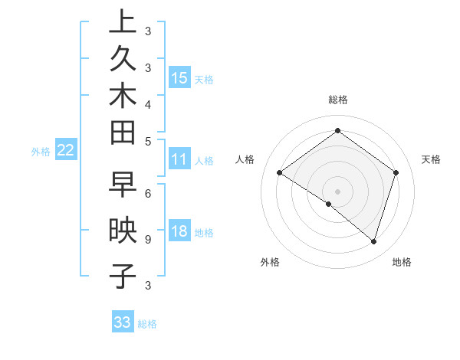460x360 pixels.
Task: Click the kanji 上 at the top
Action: tap(123, 22)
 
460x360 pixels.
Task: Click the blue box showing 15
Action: tap(179, 77)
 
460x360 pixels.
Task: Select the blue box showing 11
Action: tap(179, 160)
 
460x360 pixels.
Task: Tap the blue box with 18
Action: tap(179, 231)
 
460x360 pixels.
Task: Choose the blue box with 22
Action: tap(66, 151)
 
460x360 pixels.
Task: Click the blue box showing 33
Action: tap(123, 322)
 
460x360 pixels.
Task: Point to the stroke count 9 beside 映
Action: tap(147, 240)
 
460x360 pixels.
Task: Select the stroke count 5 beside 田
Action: tap(147, 141)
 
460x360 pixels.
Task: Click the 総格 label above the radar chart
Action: tap(337, 100)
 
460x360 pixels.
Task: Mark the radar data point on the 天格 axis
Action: tap(396, 172)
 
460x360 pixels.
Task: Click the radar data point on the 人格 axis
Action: tap(279, 172)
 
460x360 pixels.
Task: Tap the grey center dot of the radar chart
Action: tap(337, 191)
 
